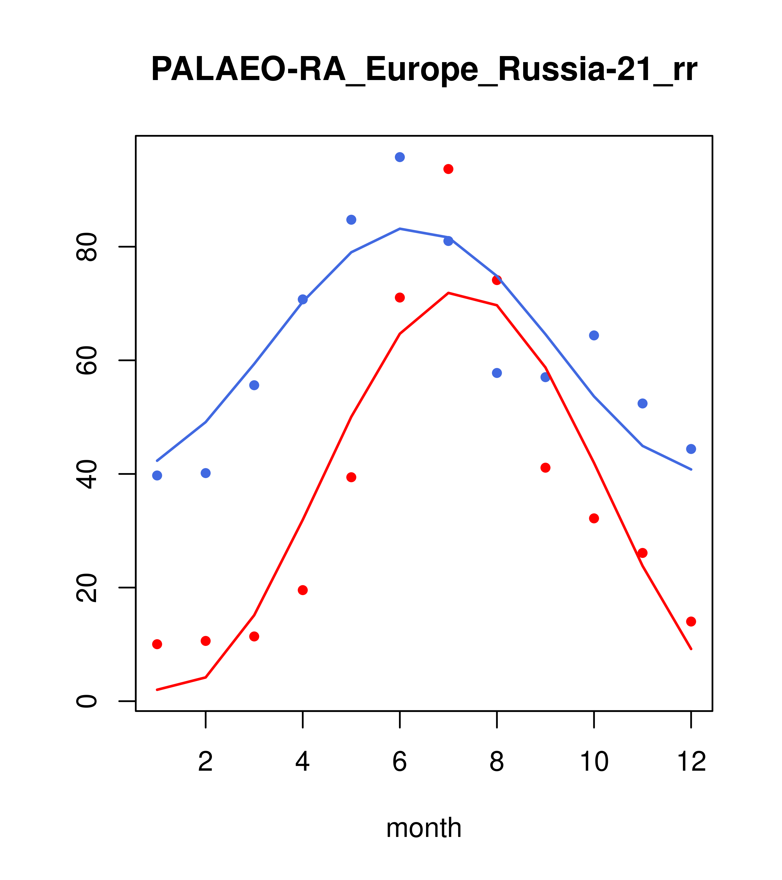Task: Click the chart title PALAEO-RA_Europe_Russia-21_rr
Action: point(424,70)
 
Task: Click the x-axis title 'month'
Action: point(424,828)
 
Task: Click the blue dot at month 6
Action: point(400,157)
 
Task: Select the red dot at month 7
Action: point(448,169)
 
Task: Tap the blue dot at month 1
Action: point(157,475)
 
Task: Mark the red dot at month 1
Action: point(157,644)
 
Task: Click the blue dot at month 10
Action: point(594,335)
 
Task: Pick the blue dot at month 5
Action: point(351,220)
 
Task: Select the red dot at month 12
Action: point(691,621)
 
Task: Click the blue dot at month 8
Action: point(497,373)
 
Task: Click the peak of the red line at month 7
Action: point(448,293)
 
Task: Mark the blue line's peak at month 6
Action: point(400,229)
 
